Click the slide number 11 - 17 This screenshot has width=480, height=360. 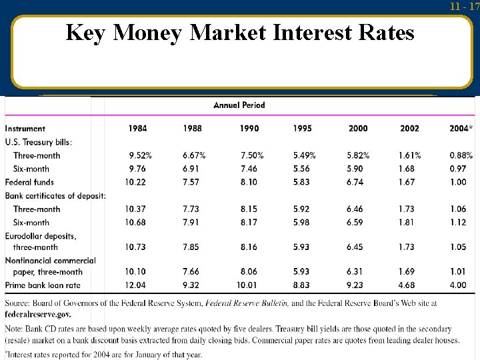click(464, 7)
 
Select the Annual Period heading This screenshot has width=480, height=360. click(239, 105)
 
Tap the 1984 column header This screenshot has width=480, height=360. click(138, 128)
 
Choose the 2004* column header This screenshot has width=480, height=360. click(461, 128)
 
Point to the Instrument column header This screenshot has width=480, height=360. click(25, 129)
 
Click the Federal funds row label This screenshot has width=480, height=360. click(29, 182)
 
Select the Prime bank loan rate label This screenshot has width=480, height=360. click(43, 285)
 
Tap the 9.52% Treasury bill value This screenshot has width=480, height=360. click(140, 155)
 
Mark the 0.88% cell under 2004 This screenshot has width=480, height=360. click(461, 155)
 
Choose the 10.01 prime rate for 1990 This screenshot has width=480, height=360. click(249, 285)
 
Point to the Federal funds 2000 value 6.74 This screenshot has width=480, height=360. click(355, 182)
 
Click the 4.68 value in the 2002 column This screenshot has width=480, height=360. click(407, 285)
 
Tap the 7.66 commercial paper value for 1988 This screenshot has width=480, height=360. click(192, 271)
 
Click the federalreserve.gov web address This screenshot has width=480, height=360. click(37, 313)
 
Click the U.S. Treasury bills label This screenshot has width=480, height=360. click(38, 141)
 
